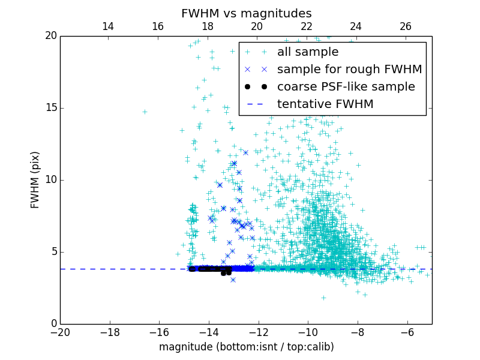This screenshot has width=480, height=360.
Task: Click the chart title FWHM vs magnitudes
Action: (x=246, y=13)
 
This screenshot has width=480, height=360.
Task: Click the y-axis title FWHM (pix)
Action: (x=35, y=180)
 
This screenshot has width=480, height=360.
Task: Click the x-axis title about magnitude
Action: (x=246, y=347)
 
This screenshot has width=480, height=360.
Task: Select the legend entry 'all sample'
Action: (x=307, y=52)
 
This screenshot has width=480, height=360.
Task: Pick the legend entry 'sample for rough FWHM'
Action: (x=349, y=70)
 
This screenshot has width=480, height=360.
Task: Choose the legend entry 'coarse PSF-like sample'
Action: (x=346, y=87)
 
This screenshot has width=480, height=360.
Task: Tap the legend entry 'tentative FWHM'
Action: (x=325, y=104)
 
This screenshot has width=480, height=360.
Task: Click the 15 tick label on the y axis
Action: (x=50, y=108)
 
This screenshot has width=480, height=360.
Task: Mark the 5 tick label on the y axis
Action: (x=53, y=252)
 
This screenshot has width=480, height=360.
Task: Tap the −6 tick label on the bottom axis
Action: (x=407, y=332)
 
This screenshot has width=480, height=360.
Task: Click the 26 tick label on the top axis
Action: (x=406, y=26)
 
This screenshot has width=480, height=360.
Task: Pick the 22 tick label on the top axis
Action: (x=307, y=26)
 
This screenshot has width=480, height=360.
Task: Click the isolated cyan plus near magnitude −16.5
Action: (x=145, y=112)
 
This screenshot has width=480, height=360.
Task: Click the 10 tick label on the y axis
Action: (x=50, y=180)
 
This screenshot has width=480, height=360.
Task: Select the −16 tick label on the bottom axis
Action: (x=159, y=332)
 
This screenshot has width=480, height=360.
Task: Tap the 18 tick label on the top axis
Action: (x=207, y=26)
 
